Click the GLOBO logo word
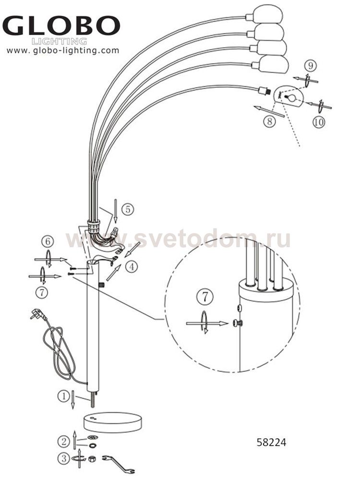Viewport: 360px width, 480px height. (x=61, y=26)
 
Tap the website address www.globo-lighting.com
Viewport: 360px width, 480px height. (x=63, y=50)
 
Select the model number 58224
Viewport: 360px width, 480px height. (x=271, y=443)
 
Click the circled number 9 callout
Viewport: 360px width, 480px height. (x=311, y=65)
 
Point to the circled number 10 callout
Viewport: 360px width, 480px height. (x=319, y=122)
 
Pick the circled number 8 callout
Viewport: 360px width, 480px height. (x=269, y=121)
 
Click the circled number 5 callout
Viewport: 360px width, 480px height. (x=128, y=209)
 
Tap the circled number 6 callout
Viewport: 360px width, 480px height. (x=48, y=241)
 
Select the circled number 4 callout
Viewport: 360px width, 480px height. (x=132, y=267)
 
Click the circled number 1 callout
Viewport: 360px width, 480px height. (x=64, y=396)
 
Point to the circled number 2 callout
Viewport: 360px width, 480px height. (x=64, y=442)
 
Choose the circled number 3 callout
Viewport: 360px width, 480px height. (x=64, y=458)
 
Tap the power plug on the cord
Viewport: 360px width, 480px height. (x=37, y=314)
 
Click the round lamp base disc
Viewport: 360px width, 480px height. (x=113, y=422)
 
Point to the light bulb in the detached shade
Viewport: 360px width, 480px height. (x=290, y=97)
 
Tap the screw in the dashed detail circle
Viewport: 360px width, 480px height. (x=238, y=323)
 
